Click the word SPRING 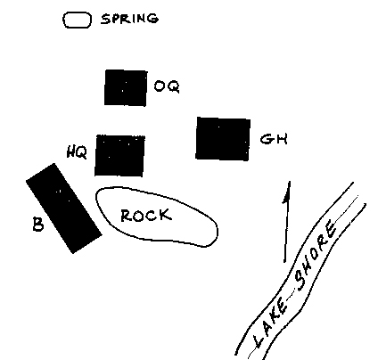click(x=129, y=19)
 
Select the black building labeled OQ click(x=126, y=87)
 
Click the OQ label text click(x=167, y=86)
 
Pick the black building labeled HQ click(x=119, y=155)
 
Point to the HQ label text click(x=77, y=152)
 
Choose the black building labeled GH click(x=223, y=139)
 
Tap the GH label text click(x=274, y=139)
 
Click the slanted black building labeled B click(x=64, y=209)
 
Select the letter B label click(x=37, y=225)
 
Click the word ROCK click(x=146, y=216)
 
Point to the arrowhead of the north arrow click(x=287, y=192)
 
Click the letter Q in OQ click(x=173, y=86)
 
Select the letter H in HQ click(x=71, y=152)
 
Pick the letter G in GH click(x=267, y=139)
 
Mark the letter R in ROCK click(x=127, y=216)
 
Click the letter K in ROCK click(x=166, y=215)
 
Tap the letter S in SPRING click(x=105, y=20)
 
